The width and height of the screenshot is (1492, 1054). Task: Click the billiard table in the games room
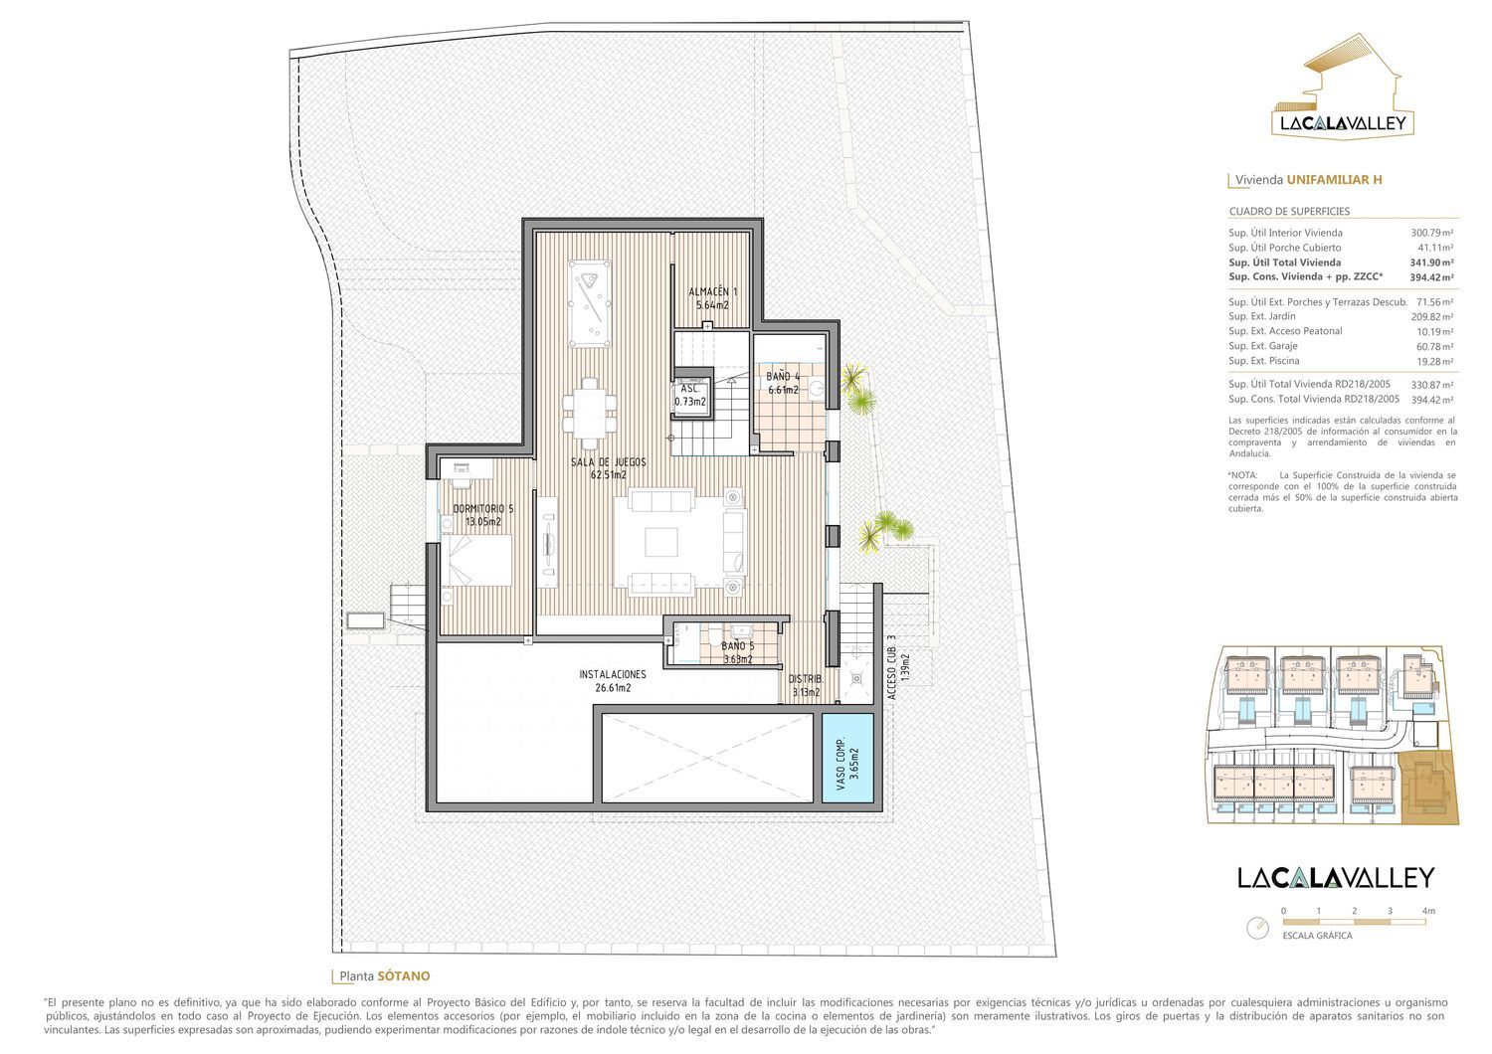coord(590,303)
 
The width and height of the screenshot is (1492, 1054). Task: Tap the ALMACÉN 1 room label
coord(712,298)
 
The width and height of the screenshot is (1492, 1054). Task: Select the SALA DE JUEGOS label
coord(608,468)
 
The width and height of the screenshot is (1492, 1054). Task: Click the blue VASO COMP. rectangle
coord(847,758)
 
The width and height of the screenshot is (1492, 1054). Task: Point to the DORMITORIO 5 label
coord(482,515)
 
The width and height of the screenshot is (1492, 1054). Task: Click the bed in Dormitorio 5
coord(476,560)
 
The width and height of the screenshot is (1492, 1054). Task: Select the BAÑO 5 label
coord(737,652)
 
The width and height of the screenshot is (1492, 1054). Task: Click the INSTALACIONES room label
coord(612,680)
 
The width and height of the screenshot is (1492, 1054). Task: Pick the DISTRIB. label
coord(806,685)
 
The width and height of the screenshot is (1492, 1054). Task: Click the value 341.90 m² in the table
coord(1431,263)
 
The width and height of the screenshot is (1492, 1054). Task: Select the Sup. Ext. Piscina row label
coord(1263,361)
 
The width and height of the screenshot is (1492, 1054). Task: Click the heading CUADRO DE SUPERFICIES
coord(1289,211)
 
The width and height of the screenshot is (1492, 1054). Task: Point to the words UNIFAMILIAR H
coord(1334,179)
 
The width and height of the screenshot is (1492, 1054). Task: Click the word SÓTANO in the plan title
coord(404,976)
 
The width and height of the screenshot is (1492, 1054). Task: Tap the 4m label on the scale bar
coord(1428,910)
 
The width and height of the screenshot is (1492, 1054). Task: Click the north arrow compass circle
coord(1257,928)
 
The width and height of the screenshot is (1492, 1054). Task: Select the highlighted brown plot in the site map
coord(1429,787)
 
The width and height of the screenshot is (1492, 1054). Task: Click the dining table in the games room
coord(590,413)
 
